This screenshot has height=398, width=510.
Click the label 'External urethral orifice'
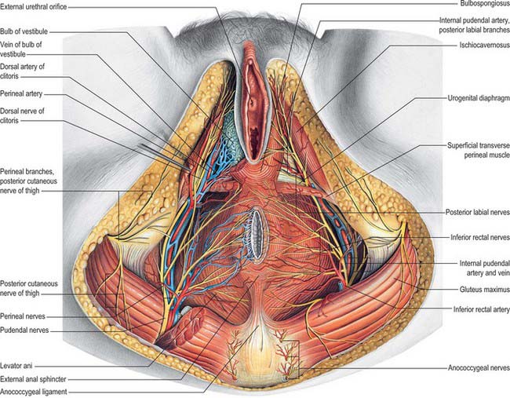(x=33, y=6)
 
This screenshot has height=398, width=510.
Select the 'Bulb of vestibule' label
(x=24, y=31)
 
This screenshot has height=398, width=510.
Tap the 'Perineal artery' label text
(x=21, y=93)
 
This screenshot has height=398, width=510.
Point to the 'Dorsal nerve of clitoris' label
(x=22, y=115)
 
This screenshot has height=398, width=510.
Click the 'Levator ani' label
(x=16, y=366)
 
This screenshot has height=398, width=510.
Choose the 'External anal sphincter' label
(x=33, y=379)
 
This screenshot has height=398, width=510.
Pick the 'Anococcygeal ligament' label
(x=34, y=392)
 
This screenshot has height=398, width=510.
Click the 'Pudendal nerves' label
(x=24, y=330)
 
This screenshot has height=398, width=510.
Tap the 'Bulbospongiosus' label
(x=485, y=4)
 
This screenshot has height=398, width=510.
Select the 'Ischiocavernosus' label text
(x=485, y=46)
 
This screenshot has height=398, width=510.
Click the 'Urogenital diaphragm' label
(x=479, y=98)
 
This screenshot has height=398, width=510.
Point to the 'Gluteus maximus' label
(x=485, y=290)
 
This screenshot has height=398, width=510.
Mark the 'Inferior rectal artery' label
(x=482, y=309)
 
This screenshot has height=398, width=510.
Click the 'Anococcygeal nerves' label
(x=479, y=368)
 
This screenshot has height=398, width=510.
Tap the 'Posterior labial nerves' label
(x=478, y=212)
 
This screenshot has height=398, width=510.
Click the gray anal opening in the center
(x=257, y=234)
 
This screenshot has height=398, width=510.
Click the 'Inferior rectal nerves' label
(x=480, y=238)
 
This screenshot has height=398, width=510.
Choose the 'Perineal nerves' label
(x=23, y=316)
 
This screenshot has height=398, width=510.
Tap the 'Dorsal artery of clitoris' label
(x=23, y=71)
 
